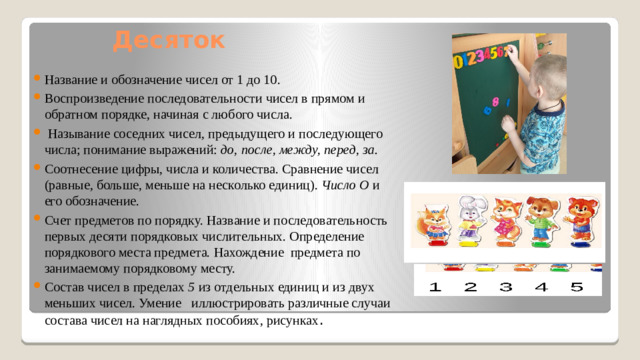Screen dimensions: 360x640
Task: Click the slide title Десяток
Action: click(169, 41)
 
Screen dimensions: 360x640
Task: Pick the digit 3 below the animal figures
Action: click(507, 288)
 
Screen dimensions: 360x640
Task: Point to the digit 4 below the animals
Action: click(542, 288)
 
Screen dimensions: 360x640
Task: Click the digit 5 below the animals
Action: click(577, 288)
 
